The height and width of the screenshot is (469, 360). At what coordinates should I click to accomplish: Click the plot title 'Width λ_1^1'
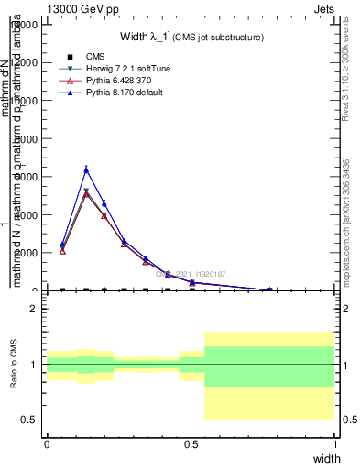[192, 37]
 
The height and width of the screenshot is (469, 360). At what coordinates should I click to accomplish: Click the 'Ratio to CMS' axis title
[15, 364]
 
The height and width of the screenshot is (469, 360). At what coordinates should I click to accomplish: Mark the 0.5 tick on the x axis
[191, 443]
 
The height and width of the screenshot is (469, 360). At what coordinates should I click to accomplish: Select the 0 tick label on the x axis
[47, 443]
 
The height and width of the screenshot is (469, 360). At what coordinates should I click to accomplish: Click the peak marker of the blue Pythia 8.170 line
[86, 169]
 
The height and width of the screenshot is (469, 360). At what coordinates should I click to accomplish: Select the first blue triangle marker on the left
[62, 245]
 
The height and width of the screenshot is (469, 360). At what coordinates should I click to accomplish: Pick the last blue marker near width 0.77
[269, 289]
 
